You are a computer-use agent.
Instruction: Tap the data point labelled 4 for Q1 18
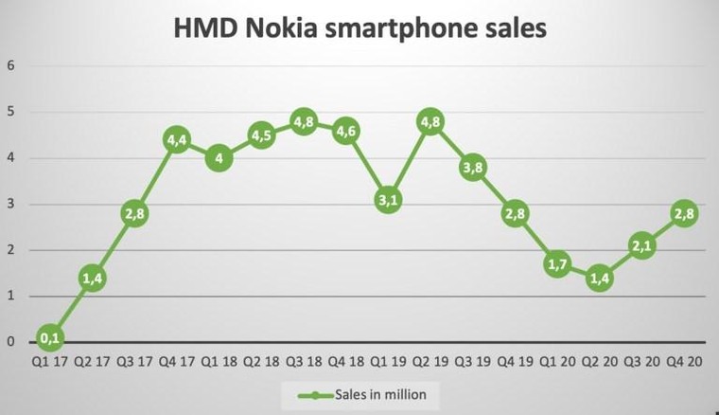219,158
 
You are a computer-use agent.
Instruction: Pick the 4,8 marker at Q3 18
303,121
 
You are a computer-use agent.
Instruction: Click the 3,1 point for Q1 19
387,199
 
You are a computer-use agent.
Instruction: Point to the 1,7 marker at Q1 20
557,263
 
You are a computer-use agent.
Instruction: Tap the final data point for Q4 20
683,213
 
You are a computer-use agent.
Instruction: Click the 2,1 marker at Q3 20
641,245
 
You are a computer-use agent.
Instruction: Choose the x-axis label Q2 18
261,361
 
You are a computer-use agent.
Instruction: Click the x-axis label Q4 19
514,361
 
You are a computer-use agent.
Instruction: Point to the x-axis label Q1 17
50,361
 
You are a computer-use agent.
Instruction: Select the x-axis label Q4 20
683,361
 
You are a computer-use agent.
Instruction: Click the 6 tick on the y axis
10,65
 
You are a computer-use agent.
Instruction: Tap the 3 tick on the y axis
10,204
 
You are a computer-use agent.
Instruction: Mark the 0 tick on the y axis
10,342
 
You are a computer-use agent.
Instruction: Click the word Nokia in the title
285,28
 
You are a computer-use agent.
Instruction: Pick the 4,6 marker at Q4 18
345,131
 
